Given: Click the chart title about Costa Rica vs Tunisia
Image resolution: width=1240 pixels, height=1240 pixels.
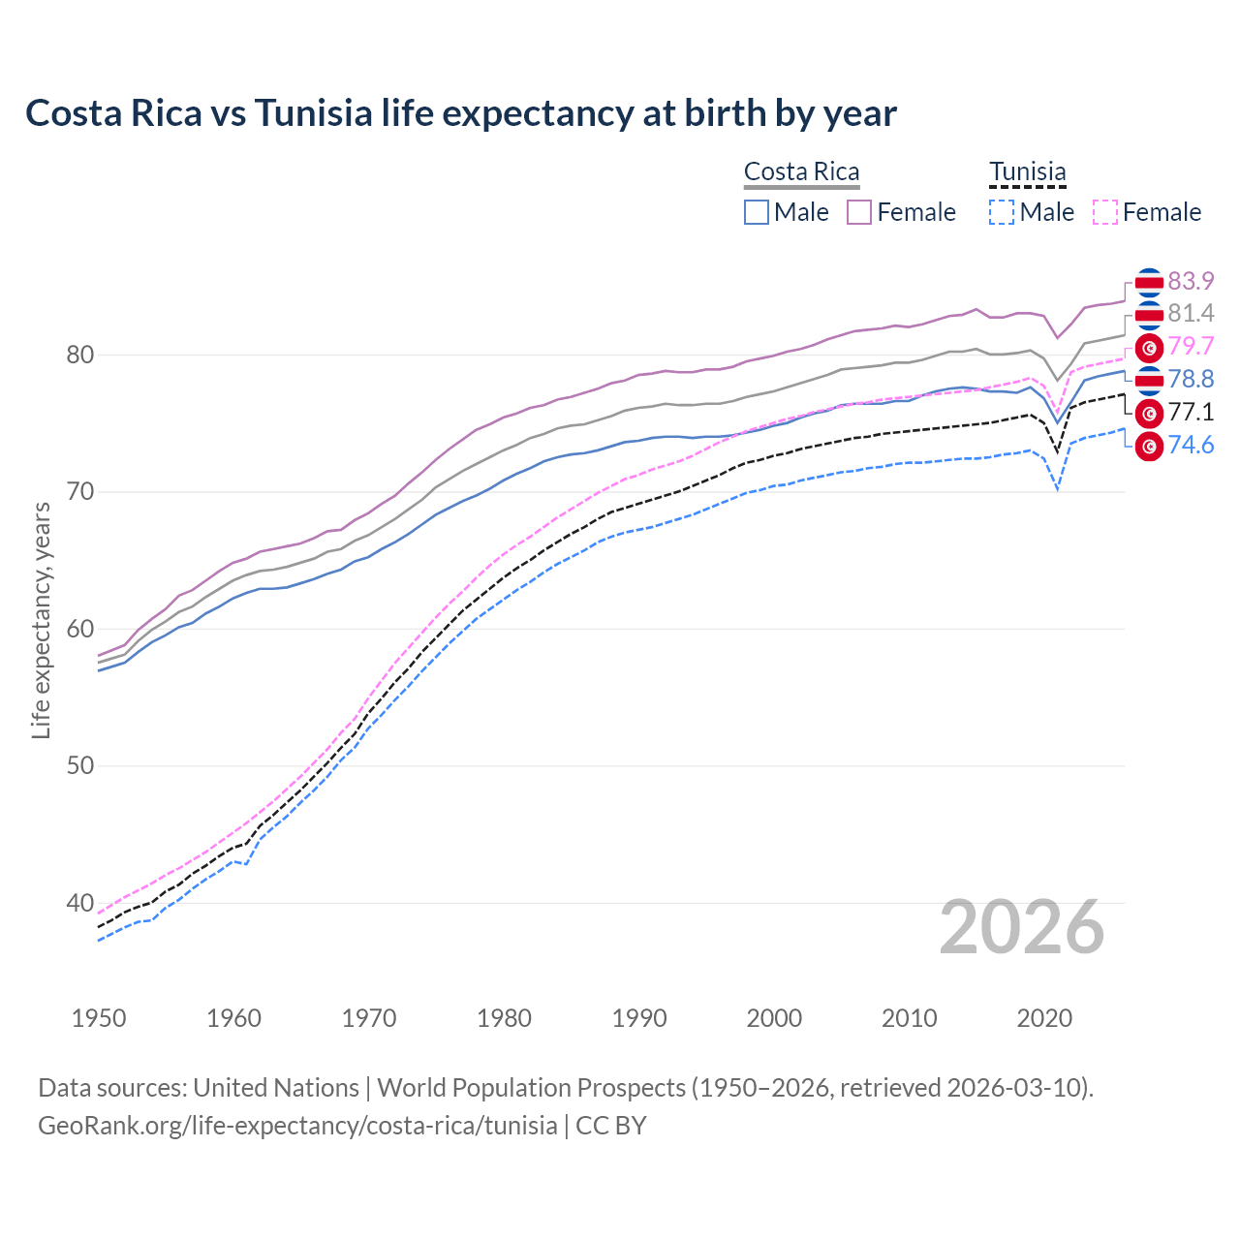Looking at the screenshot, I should [x=461, y=113].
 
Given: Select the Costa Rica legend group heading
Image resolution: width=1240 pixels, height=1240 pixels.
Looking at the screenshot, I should [x=801, y=171].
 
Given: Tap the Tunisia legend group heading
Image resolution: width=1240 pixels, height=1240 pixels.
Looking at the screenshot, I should [x=1027, y=171].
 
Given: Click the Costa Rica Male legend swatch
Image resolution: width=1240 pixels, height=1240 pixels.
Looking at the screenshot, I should [x=757, y=212].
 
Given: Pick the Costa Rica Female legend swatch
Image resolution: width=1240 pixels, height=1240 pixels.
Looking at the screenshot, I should [x=859, y=212].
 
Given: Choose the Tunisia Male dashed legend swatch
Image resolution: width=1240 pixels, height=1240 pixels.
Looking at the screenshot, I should [x=1002, y=212].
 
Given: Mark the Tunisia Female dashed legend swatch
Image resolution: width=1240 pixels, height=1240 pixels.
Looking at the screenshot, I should [x=1105, y=212].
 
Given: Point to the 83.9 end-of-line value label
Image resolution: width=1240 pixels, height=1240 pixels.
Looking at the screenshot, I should [x=1191, y=281].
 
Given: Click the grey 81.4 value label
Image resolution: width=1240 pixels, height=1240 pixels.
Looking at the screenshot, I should [x=1191, y=314].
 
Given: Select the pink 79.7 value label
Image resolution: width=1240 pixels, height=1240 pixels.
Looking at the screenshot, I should [x=1191, y=347].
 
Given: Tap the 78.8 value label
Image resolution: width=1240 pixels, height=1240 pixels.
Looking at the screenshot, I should [x=1191, y=380].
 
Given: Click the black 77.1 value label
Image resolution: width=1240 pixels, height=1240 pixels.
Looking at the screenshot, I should [x=1191, y=413].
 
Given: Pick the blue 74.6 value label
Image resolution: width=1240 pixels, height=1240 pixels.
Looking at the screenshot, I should [x=1191, y=446].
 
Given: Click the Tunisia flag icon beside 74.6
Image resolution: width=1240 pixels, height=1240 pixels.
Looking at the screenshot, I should [x=1149, y=447].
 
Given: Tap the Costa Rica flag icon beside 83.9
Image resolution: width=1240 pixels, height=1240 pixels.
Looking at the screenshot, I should [x=1149, y=282].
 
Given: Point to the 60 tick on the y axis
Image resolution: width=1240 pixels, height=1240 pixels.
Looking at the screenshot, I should [x=80, y=630].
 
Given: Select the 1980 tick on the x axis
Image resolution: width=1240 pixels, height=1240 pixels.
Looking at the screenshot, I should [x=505, y=1018].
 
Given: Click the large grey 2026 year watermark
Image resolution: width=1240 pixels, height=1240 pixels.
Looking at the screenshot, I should [x=1022, y=928].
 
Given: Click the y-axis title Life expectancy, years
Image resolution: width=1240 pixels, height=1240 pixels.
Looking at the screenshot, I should [x=41, y=620].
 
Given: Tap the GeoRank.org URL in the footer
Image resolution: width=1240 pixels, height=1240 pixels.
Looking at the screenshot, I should [x=297, y=1126].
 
